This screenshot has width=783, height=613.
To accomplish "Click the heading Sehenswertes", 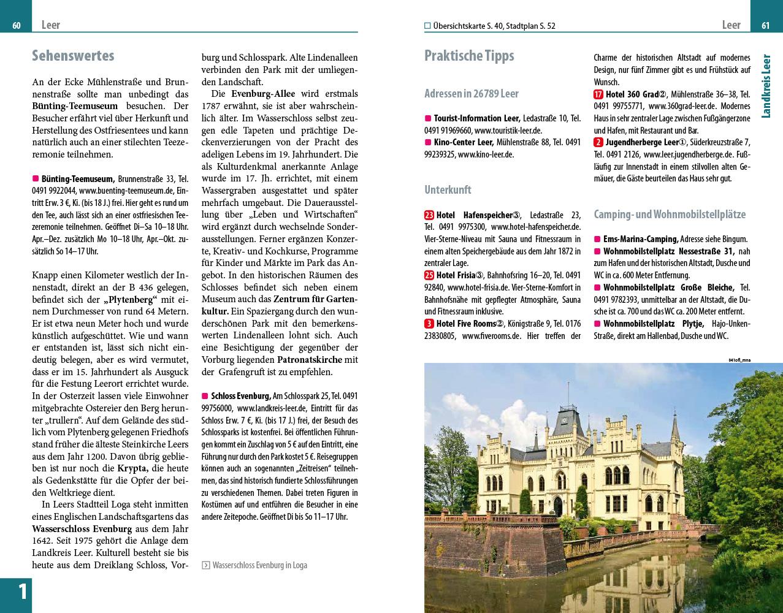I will point(73,56).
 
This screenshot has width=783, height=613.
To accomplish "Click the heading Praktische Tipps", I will point(469,56).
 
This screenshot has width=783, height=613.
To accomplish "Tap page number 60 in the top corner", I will point(17,25).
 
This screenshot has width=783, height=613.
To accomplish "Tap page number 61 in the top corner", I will point(765,25).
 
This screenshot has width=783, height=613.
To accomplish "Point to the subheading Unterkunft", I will point(448,189).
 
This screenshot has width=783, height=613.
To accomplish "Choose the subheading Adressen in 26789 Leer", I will point(471,94).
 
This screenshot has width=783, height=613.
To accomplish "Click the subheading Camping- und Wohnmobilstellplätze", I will point(670,215).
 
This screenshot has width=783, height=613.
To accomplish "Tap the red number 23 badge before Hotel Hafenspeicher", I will point(429,215).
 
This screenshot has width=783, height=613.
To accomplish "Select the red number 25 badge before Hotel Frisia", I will point(429,275).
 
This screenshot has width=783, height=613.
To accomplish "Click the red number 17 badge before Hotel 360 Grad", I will point(598,94).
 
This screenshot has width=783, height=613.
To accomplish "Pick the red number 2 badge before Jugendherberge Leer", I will point(598,142).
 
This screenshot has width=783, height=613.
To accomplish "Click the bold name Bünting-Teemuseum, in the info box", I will point(78,179).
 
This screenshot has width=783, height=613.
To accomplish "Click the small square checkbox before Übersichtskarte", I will point(427,26).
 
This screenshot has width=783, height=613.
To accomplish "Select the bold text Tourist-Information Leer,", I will point(476,118).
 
